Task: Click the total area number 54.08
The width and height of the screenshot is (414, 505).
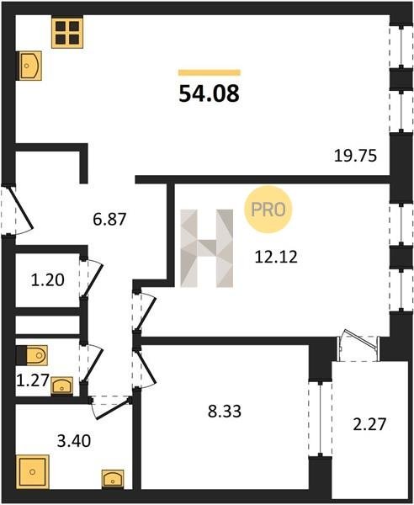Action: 209,93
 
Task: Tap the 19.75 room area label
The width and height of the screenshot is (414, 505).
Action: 355,157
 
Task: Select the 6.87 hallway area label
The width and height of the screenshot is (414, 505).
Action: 109,220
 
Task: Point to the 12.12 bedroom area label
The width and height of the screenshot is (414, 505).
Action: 276,257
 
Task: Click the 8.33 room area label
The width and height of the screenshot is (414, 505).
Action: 225,412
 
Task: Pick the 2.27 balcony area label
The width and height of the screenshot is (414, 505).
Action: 369,424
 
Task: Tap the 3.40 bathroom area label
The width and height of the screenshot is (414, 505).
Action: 74,441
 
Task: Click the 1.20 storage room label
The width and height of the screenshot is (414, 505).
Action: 48,280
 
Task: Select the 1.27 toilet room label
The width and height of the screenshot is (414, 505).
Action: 33,380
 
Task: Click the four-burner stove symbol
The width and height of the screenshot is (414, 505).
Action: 67,33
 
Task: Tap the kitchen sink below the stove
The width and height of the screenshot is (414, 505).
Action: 30,66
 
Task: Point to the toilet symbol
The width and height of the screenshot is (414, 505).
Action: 32,355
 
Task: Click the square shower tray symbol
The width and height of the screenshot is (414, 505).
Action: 32,472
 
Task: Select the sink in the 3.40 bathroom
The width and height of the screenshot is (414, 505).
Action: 113,479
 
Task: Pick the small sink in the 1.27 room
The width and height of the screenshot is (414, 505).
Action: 61,385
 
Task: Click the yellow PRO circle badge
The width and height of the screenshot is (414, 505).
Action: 268,210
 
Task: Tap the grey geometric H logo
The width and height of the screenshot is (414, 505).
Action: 207,248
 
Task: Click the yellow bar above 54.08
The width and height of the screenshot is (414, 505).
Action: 210,72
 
